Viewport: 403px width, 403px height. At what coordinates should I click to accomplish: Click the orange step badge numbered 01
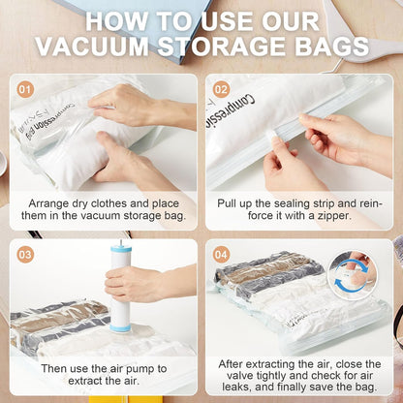(25, 89)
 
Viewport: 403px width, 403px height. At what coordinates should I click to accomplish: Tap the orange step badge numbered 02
(221, 89)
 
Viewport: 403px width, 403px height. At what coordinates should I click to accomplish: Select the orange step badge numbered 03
(25, 255)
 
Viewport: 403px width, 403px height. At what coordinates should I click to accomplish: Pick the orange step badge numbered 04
(221, 255)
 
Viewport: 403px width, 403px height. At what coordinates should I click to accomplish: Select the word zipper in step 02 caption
(333, 216)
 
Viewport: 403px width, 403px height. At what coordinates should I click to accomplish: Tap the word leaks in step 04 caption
(234, 387)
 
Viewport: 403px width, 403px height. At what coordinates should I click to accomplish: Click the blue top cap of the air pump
(121, 250)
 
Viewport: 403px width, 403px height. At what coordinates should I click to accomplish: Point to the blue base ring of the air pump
(120, 328)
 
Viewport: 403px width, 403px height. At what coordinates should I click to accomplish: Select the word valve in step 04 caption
(240, 376)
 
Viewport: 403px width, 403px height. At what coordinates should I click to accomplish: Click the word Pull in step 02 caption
(227, 204)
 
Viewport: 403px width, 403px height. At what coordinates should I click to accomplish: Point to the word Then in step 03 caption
(53, 369)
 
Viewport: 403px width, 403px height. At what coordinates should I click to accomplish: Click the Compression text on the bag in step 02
(230, 110)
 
